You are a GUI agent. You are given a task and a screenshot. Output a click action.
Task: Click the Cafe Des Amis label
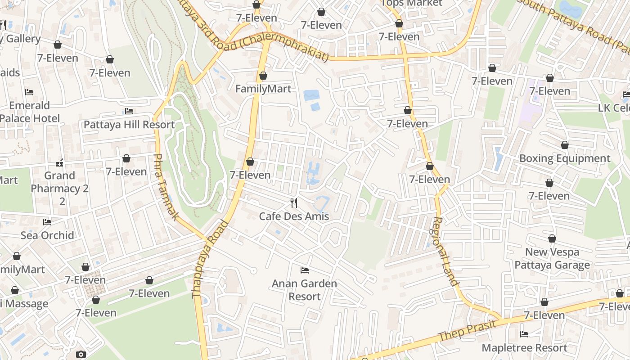click(294, 216)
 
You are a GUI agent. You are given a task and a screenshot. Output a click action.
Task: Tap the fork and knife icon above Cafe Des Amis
click(294, 203)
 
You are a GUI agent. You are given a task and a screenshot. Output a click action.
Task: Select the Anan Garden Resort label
click(305, 290)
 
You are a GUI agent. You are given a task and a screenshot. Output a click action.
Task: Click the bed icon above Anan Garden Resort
click(305, 270)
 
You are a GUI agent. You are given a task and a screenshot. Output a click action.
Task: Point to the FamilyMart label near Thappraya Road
click(263, 89)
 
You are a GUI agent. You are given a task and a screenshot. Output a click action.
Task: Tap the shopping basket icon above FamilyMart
click(263, 76)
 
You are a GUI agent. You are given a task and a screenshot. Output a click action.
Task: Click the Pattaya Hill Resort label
click(129, 125)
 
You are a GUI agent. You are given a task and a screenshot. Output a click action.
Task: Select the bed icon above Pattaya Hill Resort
click(129, 111)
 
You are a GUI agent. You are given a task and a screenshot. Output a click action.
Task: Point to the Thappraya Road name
click(210, 259)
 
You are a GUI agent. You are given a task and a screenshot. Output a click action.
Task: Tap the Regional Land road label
click(445, 252)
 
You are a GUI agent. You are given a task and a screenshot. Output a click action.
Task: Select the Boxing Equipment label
click(565, 158)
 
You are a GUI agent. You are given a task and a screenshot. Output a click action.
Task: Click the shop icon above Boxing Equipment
click(565, 145)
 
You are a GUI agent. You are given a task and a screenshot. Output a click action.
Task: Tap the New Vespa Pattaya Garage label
click(552, 258)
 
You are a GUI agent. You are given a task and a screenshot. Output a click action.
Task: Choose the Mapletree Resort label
click(524, 348)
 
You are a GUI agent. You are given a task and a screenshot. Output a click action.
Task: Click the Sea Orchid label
click(47, 235)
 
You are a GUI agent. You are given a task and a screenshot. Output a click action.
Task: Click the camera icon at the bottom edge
click(81, 355)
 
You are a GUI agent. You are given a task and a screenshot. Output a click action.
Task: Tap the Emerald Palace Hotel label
click(30, 112)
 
